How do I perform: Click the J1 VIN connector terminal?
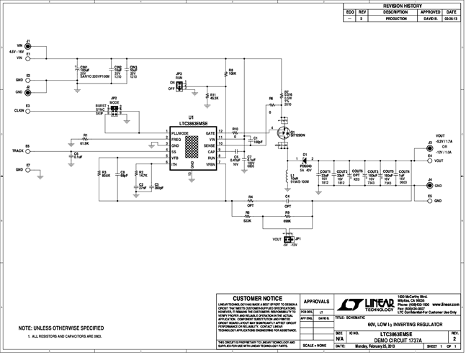[x=28, y=45]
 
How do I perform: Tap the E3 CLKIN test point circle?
[x=28, y=112]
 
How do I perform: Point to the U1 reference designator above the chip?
[x=191, y=117]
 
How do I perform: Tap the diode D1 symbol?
[x=305, y=160]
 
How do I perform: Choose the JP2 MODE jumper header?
[x=114, y=109]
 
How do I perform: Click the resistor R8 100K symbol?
[x=225, y=72]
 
